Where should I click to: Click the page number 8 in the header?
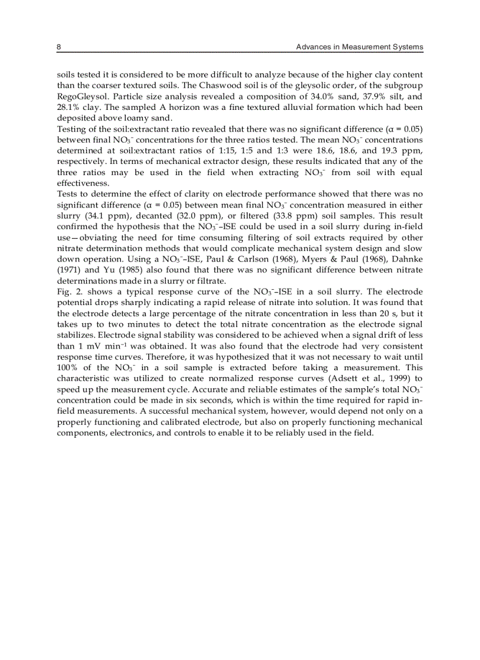point(59,46)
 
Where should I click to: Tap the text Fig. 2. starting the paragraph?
point(68,292)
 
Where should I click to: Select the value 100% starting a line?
point(68,367)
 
